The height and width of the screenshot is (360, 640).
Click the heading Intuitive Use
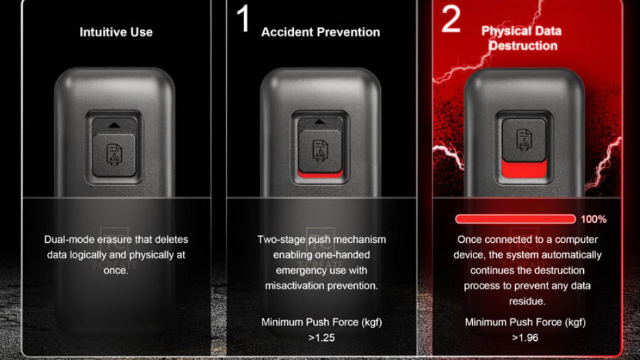tap(116, 32)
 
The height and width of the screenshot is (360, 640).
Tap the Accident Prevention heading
tap(321, 32)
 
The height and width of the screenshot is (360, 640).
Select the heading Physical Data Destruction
tap(521, 38)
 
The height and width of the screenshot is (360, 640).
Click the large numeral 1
tap(243, 19)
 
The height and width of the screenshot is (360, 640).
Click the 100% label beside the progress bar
tap(593, 219)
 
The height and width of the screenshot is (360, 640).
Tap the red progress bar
tap(515, 219)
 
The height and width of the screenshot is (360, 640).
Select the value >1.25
tap(321, 338)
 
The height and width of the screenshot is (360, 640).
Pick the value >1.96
tap(525, 338)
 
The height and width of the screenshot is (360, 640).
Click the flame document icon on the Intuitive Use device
tap(114, 154)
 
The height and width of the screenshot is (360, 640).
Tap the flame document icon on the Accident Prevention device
tap(321, 150)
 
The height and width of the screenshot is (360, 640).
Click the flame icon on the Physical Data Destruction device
tap(524, 140)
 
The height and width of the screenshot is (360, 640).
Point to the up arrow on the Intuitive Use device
tap(114, 125)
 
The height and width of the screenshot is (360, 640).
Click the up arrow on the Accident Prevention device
tap(320, 121)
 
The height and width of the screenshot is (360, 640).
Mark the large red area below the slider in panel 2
tap(524, 169)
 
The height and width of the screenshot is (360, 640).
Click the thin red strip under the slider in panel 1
tap(321, 174)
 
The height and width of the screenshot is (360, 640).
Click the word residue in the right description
tap(527, 301)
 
